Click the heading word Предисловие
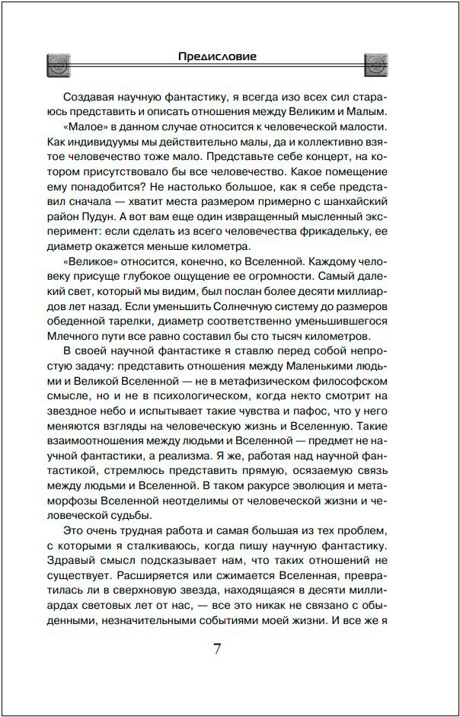click(x=217, y=56)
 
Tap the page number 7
click(x=217, y=648)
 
